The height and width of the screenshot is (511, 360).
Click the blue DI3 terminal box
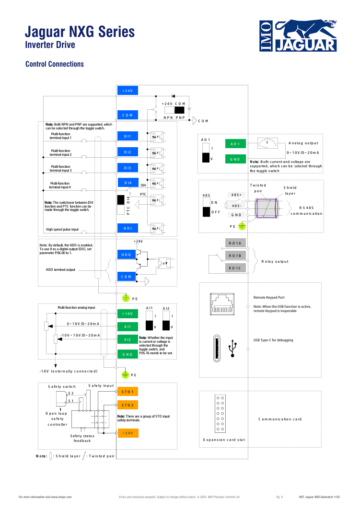pyautogui.click(x=128, y=168)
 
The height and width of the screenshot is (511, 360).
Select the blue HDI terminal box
pyautogui.click(x=128, y=228)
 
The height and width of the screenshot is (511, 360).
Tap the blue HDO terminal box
pyautogui.click(x=126, y=255)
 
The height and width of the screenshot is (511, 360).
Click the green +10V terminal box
pyautogui.click(x=128, y=314)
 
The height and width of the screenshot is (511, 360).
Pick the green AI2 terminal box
pyautogui.click(x=128, y=339)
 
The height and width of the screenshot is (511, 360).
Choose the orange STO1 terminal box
pyautogui.click(x=128, y=391)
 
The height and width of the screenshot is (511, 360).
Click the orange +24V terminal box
pyautogui.click(x=128, y=433)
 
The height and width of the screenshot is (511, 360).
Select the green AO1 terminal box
pyautogui.click(x=235, y=144)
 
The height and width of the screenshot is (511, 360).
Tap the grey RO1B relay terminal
pyautogui.click(x=235, y=255)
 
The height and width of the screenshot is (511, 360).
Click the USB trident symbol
pyautogui.click(x=232, y=348)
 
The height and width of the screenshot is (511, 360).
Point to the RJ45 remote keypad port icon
pyautogui.click(x=222, y=304)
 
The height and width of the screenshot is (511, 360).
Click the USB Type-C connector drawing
pyautogui.click(x=217, y=348)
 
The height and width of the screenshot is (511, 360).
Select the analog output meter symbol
pyautogui.click(x=267, y=143)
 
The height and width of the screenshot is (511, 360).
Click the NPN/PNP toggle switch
pyautogui.click(x=174, y=110)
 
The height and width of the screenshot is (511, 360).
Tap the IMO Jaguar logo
pyautogui.click(x=298, y=35)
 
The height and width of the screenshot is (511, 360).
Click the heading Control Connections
pyautogui.click(x=55, y=64)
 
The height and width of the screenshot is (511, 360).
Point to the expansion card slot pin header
pyautogui.click(x=220, y=414)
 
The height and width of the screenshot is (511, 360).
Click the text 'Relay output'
pyautogui.click(x=275, y=261)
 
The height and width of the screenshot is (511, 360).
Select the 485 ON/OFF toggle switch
pyautogui.click(x=206, y=207)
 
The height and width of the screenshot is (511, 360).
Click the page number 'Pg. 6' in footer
pyautogui.click(x=279, y=497)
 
